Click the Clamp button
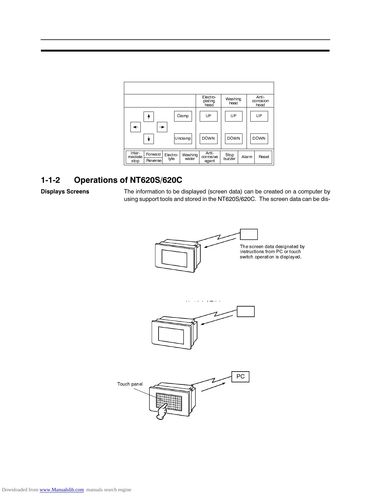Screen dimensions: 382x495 [183, 116]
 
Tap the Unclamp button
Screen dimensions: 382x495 [183, 139]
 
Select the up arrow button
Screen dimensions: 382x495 [149, 117]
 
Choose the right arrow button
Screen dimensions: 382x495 [162, 127]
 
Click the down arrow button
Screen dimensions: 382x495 [149, 139]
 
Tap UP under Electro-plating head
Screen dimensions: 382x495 [208, 116]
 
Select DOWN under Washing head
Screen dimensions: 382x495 [233, 139]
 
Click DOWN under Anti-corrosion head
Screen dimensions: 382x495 [259, 139]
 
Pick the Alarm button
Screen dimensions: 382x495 [247, 157]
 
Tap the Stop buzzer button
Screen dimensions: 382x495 [229, 157]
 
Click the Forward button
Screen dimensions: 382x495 [153, 154]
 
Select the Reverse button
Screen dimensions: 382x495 [154, 161]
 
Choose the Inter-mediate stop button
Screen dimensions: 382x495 [135, 157]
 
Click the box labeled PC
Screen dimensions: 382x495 [240, 377]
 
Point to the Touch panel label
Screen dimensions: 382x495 [130, 384]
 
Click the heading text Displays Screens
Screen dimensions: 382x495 [65, 192]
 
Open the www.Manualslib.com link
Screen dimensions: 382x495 [61, 490]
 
